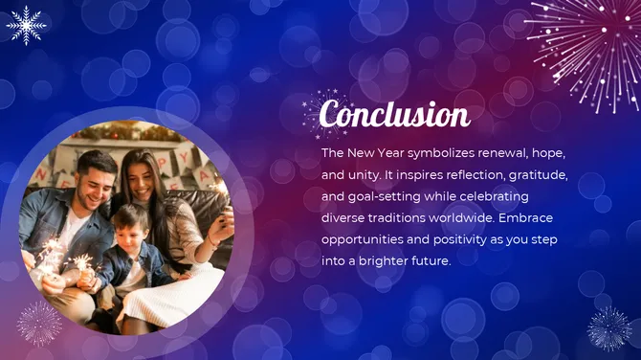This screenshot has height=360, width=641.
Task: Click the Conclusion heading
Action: pos(394,115)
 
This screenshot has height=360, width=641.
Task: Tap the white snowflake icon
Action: pos(26,25)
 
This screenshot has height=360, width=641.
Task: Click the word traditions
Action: pos(396,217)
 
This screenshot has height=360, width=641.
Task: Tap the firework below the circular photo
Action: pos(39,323)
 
